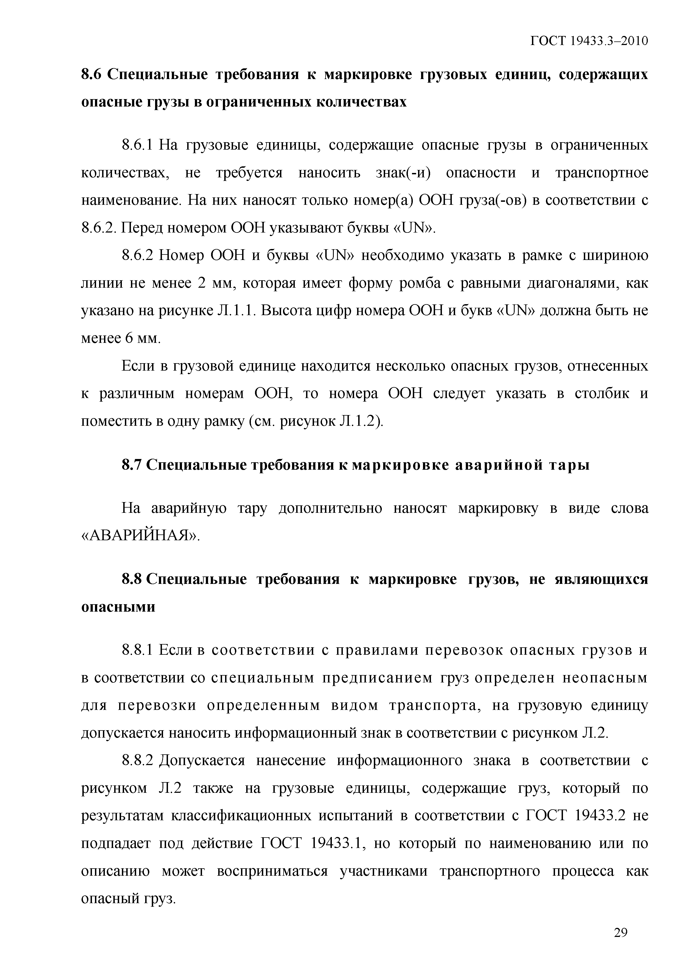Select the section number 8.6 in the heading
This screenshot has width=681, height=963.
click(x=91, y=75)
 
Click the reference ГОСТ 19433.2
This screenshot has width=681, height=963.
click(x=576, y=816)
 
